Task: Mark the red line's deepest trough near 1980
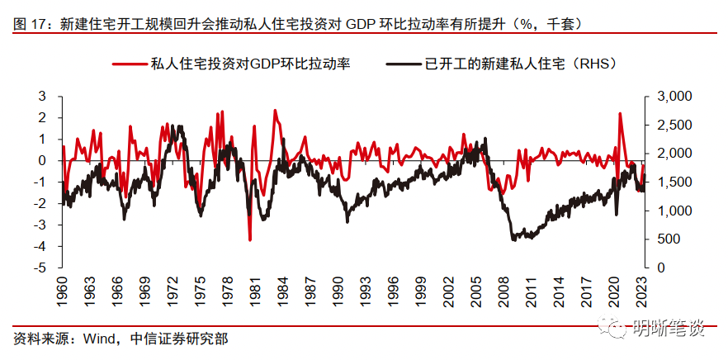coord(249,239)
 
